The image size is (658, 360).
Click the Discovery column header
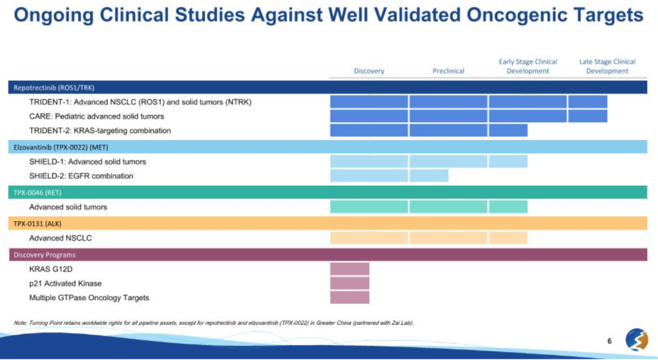(369, 71)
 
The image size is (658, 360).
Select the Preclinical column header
(448, 71)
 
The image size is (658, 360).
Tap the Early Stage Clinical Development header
(527, 66)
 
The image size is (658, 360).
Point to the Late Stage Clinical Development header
(607, 66)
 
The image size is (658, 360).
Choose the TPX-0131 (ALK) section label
(37, 223)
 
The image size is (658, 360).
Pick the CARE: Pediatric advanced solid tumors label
(96, 116)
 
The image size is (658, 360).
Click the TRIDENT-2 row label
(100, 130)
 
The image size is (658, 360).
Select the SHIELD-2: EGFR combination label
(81, 175)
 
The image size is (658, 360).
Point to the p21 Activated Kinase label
(65, 283)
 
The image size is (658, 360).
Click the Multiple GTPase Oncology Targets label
(89, 298)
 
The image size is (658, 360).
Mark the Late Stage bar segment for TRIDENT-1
(587, 102)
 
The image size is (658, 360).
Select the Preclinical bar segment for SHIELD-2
(428, 175)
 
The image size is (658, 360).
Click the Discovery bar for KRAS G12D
(349, 269)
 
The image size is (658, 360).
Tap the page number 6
(609, 341)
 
